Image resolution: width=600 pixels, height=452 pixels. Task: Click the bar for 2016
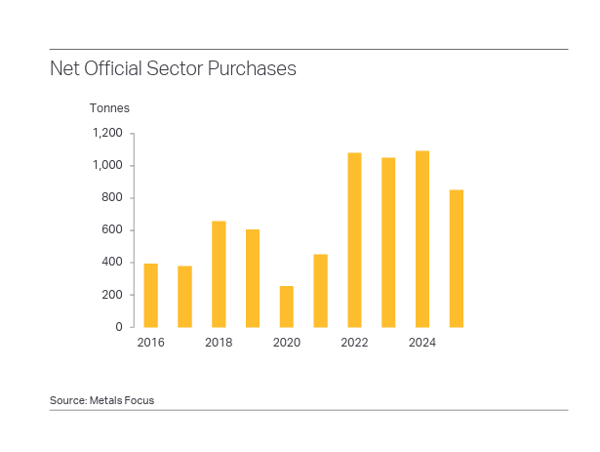click(x=150, y=295)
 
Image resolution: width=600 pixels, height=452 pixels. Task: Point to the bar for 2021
click(x=320, y=290)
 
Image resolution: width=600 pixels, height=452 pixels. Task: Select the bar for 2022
click(x=354, y=239)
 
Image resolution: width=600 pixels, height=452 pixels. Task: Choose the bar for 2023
click(x=388, y=242)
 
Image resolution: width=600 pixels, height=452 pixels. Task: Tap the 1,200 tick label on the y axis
click(x=107, y=134)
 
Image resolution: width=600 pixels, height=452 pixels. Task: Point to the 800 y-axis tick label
click(x=113, y=198)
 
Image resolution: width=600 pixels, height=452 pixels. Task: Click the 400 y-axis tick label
click(x=113, y=263)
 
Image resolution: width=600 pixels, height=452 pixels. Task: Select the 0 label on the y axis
click(x=119, y=327)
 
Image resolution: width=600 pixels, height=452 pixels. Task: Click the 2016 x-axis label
click(x=150, y=343)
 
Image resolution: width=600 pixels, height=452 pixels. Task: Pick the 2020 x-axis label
click(x=286, y=343)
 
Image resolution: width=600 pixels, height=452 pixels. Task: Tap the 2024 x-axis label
click(x=422, y=343)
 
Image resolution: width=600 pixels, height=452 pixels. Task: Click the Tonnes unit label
click(x=109, y=108)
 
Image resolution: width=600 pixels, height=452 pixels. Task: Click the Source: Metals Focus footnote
click(x=101, y=400)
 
